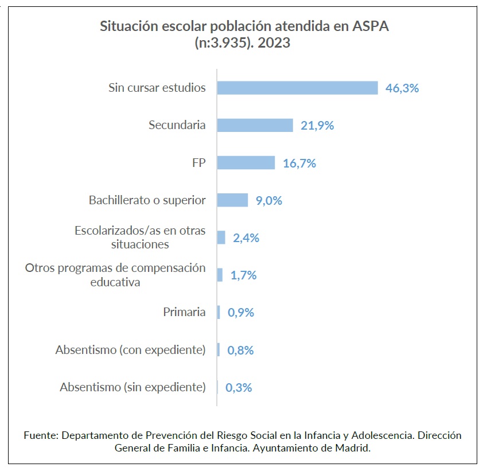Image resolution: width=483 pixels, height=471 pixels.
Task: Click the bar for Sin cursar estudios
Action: click(x=297, y=88)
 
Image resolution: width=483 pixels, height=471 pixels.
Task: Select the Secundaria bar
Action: click(x=255, y=125)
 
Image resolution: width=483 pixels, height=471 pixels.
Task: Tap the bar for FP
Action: click(x=246, y=163)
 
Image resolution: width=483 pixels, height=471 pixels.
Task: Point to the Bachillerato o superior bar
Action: click(x=232, y=200)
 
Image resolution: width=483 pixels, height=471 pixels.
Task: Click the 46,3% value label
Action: click(x=402, y=88)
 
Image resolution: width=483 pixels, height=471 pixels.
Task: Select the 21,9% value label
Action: click(x=317, y=126)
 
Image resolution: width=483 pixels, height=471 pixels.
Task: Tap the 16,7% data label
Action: click(x=299, y=164)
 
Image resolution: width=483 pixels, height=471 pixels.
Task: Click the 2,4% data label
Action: click(x=246, y=238)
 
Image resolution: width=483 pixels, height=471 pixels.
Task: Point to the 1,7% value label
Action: click(x=243, y=275)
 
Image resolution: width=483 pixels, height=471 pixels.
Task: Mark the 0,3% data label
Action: click(x=239, y=387)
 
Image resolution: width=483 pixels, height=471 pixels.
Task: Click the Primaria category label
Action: click(x=184, y=313)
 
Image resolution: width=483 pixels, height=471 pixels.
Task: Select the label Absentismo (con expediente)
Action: click(x=130, y=350)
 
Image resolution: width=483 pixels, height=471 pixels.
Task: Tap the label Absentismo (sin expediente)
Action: click(x=133, y=387)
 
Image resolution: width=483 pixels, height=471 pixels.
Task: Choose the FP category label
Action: click(x=199, y=163)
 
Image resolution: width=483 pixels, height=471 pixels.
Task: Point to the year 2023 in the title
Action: click(x=274, y=43)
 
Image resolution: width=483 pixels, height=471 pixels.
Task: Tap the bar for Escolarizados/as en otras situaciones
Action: click(x=221, y=238)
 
